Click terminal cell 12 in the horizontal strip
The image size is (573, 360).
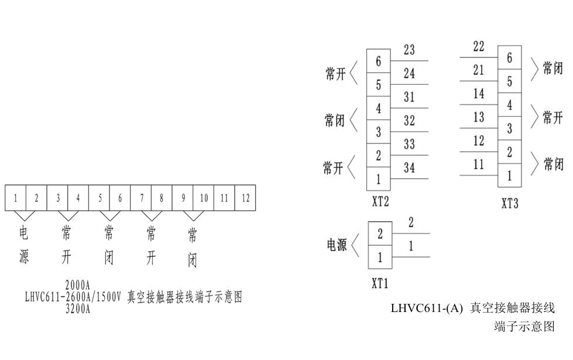(245, 198)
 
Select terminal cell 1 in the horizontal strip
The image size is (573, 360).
(16, 198)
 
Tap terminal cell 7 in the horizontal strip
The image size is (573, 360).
(141, 198)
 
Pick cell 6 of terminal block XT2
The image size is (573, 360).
(379, 61)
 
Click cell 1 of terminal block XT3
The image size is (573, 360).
(509, 175)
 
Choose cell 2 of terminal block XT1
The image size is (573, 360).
(380, 234)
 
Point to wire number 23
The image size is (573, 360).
(409, 50)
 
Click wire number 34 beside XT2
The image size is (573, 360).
(409, 169)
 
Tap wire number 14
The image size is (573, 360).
(479, 94)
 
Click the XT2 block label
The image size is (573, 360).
(380, 202)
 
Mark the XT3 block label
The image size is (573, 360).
(509, 204)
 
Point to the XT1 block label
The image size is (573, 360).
(380, 284)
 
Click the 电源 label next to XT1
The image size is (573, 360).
(337, 245)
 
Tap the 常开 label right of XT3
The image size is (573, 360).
(553, 117)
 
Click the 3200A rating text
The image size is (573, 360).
(77, 309)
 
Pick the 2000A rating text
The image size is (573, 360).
(77, 286)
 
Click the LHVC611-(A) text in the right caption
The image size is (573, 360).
(426, 308)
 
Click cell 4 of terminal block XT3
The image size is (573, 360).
(509, 105)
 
